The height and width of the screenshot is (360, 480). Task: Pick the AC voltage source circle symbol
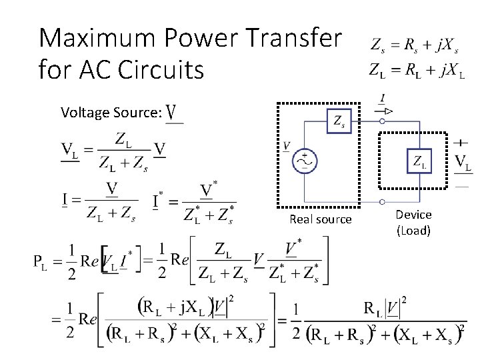305,161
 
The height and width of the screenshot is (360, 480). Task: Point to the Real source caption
320,219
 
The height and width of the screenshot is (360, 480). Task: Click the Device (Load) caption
413,223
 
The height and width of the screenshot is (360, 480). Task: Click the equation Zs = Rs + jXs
415,47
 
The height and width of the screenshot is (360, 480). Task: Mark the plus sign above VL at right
460,142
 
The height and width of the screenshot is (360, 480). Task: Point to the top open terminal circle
383,122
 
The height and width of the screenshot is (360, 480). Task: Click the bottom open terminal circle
383,201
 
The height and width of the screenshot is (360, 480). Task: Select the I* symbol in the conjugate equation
159,200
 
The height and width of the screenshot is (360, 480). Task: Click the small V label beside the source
287,145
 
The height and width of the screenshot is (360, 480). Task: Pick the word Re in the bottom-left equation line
88,317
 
